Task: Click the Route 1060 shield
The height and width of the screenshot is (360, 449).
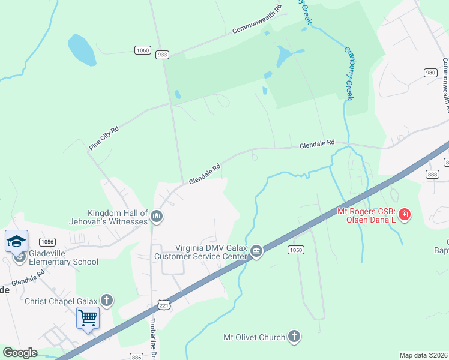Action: (x=143, y=50)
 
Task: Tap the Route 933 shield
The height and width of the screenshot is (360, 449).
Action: (x=162, y=55)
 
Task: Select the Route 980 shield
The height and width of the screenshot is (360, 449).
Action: (x=430, y=73)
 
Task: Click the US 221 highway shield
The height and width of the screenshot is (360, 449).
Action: (x=164, y=306)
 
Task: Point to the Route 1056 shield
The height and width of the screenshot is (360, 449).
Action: (x=48, y=241)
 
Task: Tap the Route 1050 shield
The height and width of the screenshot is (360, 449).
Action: (x=295, y=250)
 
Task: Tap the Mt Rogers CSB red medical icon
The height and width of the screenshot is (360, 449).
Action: (x=405, y=214)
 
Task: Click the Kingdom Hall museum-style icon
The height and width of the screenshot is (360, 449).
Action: (x=157, y=215)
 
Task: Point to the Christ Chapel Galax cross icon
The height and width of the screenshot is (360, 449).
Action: (x=107, y=300)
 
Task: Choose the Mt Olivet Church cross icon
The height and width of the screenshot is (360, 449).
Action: (x=294, y=337)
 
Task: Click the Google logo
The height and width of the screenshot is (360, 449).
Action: (x=20, y=353)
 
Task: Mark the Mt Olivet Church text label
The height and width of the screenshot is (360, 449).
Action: (x=254, y=337)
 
